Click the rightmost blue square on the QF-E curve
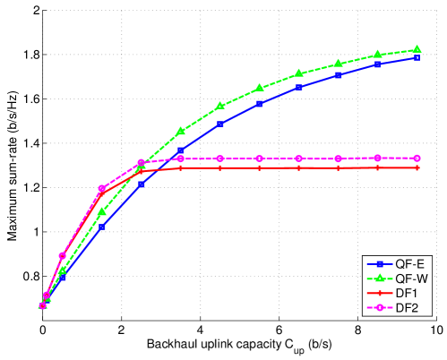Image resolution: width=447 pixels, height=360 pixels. (x=417, y=57)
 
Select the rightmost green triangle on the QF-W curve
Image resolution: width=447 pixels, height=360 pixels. (x=417, y=49)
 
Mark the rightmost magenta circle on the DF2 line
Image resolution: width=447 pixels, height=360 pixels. (x=417, y=158)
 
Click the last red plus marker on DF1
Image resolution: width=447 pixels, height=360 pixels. (x=417, y=167)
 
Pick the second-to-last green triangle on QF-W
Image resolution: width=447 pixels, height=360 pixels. (x=378, y=55)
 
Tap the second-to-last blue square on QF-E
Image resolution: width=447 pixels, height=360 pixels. (x=378, y=64)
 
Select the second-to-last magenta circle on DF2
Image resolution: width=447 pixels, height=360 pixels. (x=378, y=158)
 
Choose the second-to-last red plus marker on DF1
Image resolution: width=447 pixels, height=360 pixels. (x=378, y=167)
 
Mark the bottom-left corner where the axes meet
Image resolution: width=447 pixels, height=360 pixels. (x=43, y=319)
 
